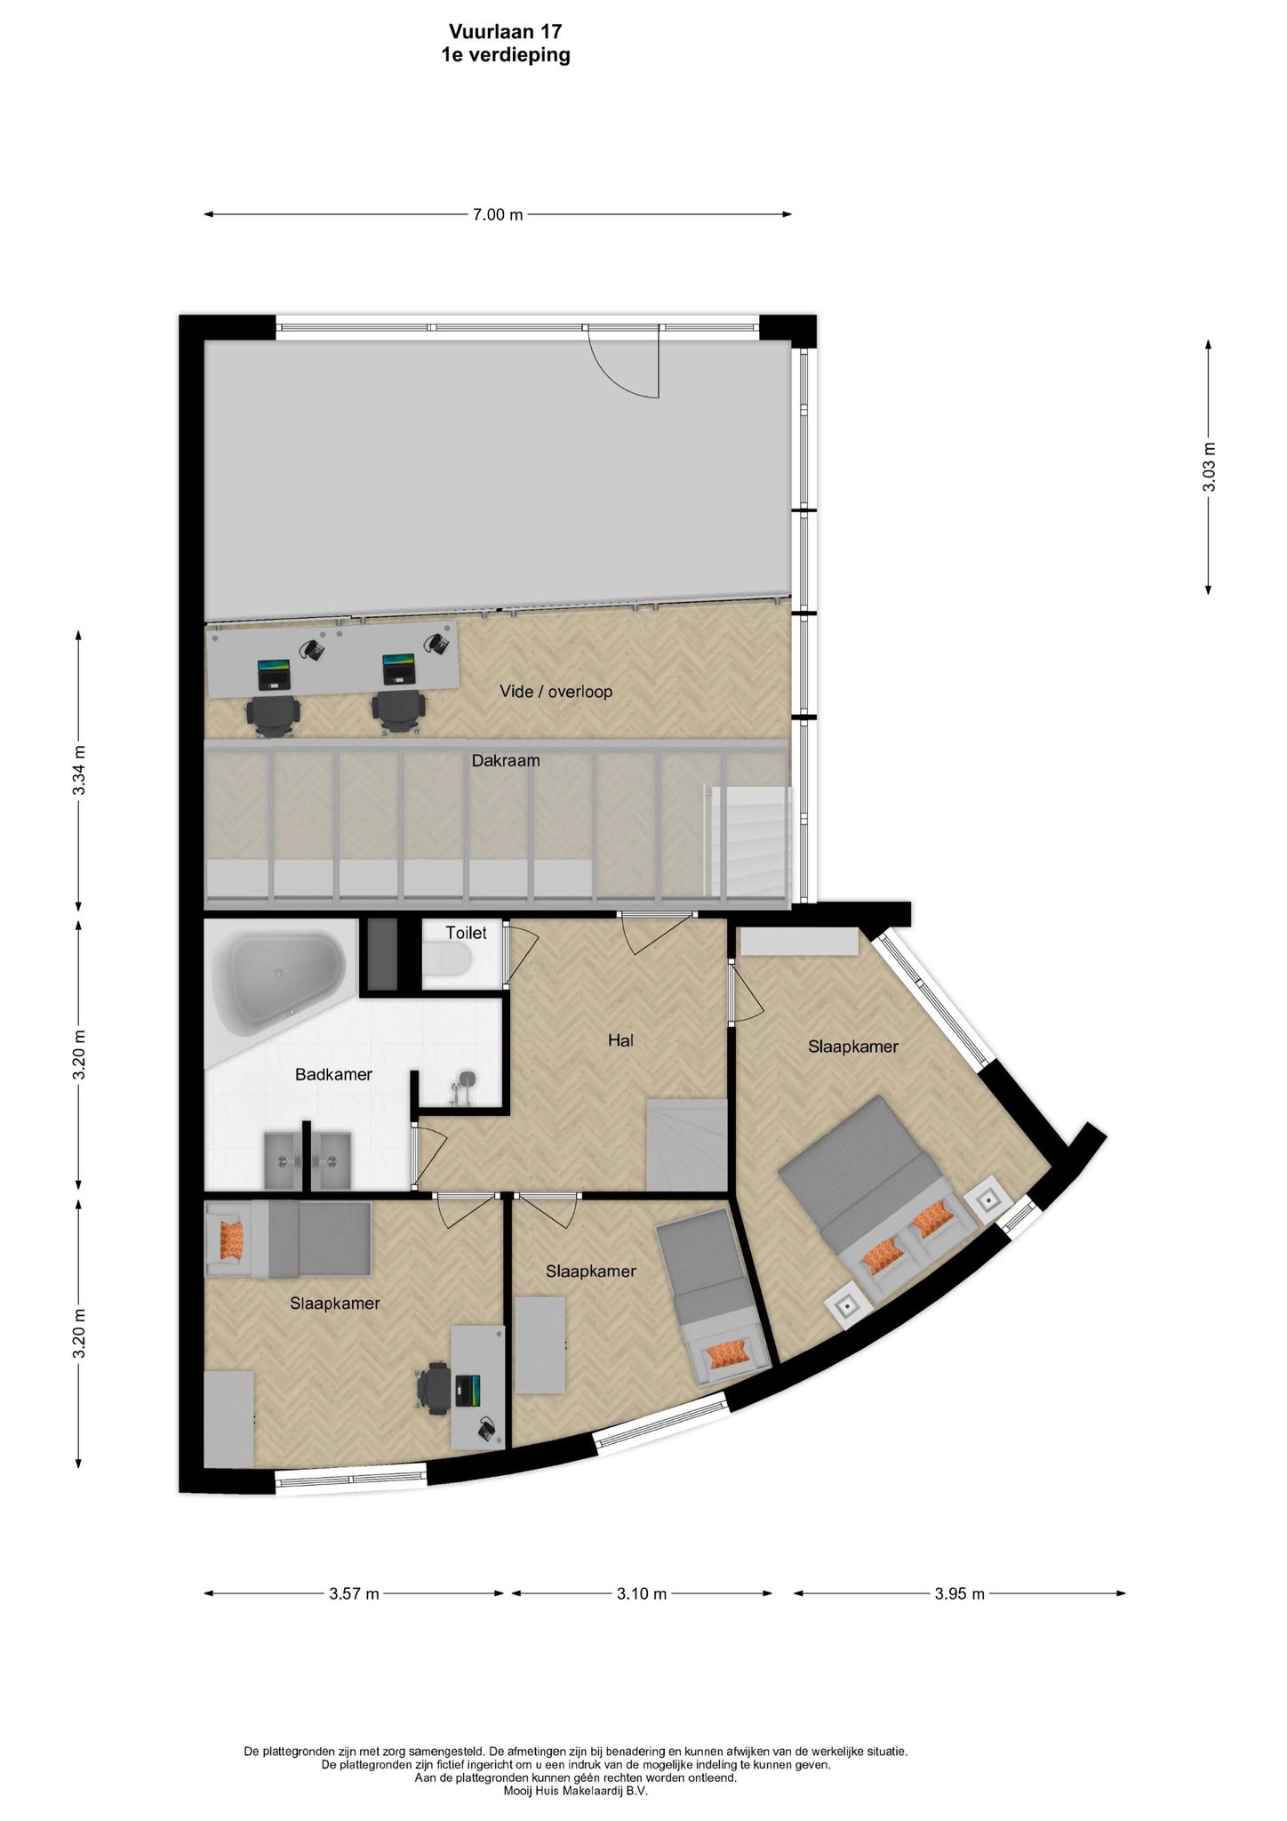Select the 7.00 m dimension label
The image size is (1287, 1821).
tap(498, 214)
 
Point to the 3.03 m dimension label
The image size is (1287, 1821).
tap(1209, 467)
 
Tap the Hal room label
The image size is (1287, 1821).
tap(620, 1040)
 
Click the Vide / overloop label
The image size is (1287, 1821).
tap(556, 691)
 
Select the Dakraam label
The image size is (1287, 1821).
tap(506, 761)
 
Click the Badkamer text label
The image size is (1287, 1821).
tap(333, 1075)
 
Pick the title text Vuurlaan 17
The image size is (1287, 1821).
tap(505, 32)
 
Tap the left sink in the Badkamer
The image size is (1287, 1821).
tap(283, 1160)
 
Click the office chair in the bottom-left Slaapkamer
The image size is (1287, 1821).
tap(434, 1389)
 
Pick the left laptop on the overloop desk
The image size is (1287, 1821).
tap(274, 675)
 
